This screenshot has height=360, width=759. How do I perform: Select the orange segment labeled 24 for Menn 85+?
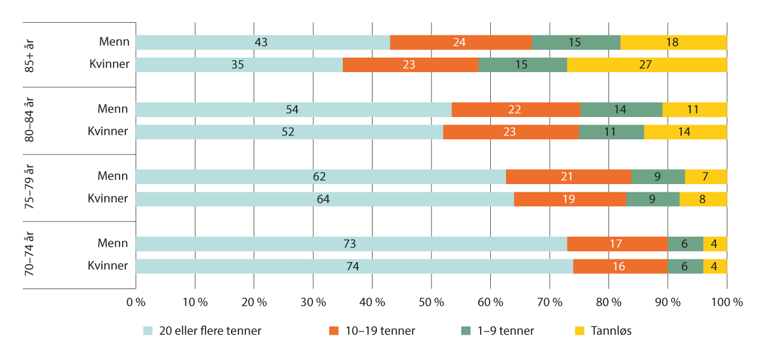click(460, 42)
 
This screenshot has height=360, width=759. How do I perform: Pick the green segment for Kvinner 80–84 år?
click(611, 132)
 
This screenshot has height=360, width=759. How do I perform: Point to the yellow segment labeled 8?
click(703, 199)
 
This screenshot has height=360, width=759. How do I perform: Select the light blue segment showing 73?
click(351, 244)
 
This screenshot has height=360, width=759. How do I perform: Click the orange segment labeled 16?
click(620, 266)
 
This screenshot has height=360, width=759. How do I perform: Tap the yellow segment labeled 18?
click(674, 42)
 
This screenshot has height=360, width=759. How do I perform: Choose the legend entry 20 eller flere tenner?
click(202, 330)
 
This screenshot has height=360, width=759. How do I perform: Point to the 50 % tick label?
click(431, 303)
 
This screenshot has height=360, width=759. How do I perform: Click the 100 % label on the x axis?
click(727, 303)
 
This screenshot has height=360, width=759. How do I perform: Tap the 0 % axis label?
click(136, 303)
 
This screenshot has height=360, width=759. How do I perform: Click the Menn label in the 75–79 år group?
click(113, 177)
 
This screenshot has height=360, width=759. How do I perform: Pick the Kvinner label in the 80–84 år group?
click(108, 132)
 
